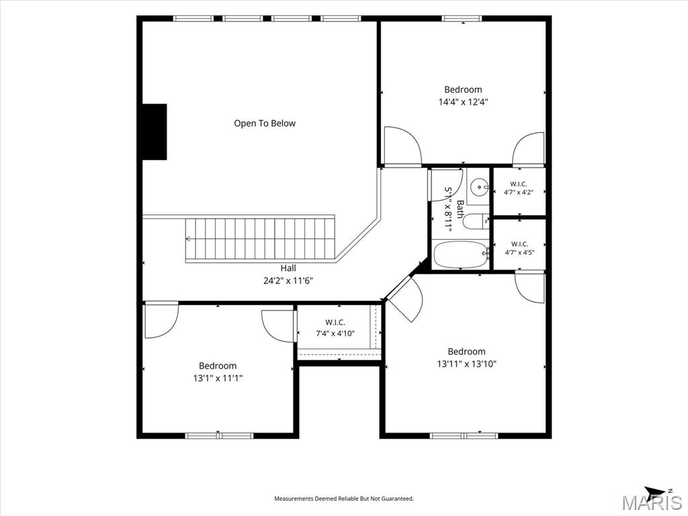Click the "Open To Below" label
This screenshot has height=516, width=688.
(265, 124)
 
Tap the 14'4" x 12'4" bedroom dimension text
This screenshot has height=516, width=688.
(464, 102)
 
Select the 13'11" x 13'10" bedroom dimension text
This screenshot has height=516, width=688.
(466, 363)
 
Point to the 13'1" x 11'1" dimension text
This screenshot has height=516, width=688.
(218, 378)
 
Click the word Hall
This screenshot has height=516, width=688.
(288, 268)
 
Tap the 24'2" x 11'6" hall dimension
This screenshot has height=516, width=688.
(288, 280)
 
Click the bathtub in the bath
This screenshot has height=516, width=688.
(461, 255)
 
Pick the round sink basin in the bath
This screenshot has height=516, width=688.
(478, 188)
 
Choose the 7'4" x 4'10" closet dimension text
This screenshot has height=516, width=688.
(335, 333)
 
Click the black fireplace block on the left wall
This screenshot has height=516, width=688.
(155, 132)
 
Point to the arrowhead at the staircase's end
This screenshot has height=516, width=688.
(188, 239)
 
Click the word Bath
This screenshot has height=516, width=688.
(460, 210)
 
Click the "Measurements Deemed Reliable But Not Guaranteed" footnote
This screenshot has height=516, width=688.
(344, 499)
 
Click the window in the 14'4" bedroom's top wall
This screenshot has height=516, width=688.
(462, 18)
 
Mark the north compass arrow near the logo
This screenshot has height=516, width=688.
(656, 491)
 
